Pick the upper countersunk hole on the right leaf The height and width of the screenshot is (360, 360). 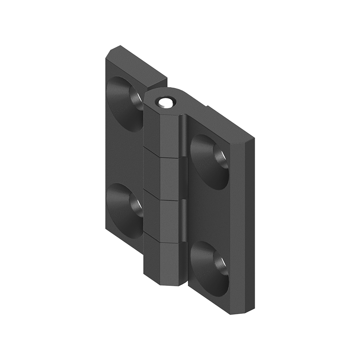click(210, 161)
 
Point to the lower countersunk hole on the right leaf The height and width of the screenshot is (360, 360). click(210, 267)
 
